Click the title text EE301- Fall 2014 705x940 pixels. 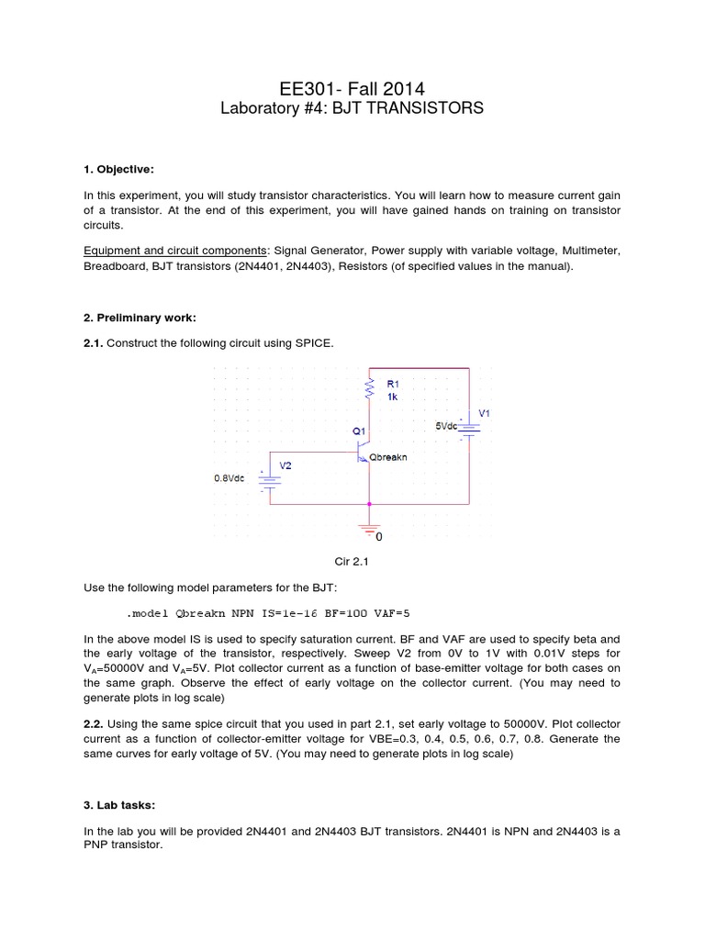pos(352,88)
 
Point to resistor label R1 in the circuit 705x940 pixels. pos(394,384)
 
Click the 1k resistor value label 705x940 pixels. pos(392,397)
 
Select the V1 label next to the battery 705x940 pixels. pos(484,414)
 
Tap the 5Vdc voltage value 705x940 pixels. pos(449,426)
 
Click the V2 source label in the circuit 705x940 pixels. pos(285,465)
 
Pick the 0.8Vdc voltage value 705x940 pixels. pos(229,478)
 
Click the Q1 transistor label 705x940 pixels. pos(358,430)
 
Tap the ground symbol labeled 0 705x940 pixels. pos(370,532)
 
